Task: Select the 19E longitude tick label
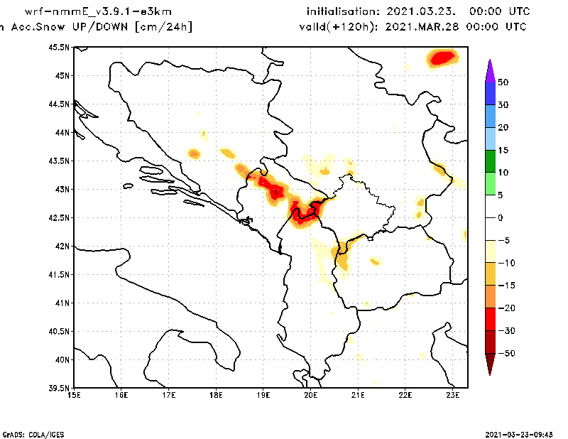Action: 263,396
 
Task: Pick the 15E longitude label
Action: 74,396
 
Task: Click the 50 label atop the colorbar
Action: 503,82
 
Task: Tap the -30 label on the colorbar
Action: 505,331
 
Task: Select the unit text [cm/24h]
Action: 163,27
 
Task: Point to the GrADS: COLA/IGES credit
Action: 28,433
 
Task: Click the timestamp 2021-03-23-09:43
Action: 519,433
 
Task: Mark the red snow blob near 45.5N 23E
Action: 444,56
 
